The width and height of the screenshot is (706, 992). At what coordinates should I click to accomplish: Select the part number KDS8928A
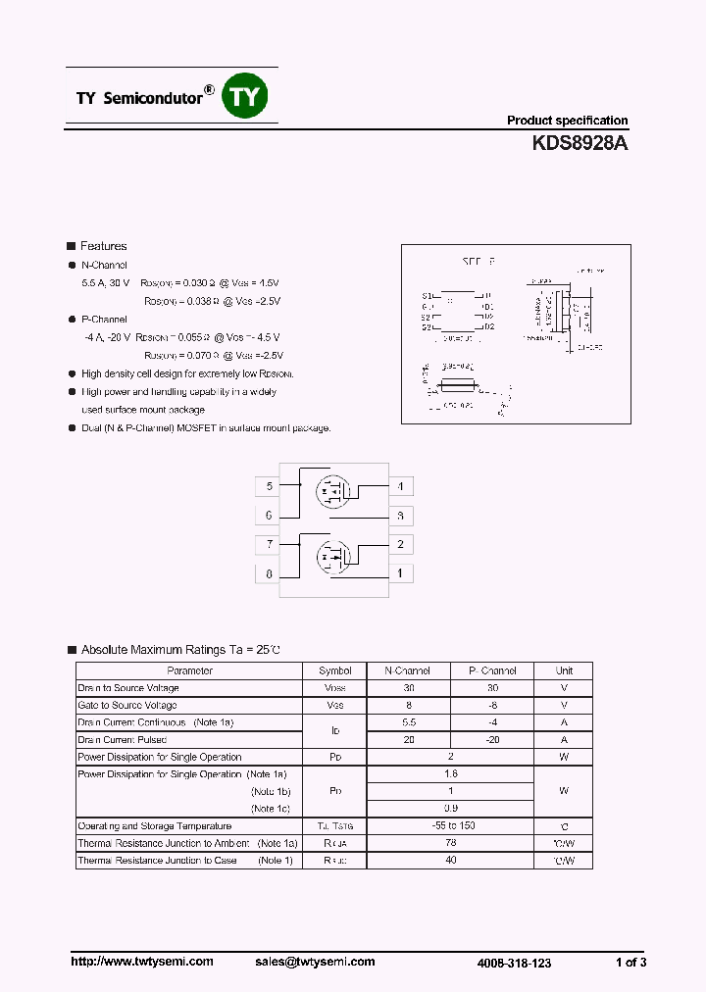click(x=580, y=143)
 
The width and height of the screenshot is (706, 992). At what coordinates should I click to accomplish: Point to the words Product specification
click(x=567, y=121)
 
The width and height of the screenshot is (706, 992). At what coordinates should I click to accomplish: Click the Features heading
click(x=103, y=246)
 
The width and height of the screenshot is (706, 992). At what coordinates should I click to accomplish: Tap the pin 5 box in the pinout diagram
click(x=269, y=486)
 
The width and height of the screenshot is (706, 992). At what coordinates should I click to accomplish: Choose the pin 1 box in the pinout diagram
click(x=399, y=573)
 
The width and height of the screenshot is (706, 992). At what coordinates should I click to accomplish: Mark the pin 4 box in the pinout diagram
click(x=399, y=486)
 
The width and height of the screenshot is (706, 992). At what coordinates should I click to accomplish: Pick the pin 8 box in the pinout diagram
click(x=269, y=573)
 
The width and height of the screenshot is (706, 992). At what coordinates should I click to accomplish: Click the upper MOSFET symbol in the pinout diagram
click(x=331, y=489)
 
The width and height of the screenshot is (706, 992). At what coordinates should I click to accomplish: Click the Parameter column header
click(x=189, y=670)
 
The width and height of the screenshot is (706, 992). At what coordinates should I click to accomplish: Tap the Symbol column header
click(x=334, y=670)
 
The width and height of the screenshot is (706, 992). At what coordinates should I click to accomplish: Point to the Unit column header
click(x=564, y=670)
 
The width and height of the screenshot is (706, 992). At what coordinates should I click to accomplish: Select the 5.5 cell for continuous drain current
click(x=408, y=722)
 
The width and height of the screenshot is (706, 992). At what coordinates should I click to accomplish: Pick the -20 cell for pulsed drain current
click(x=492, y=739)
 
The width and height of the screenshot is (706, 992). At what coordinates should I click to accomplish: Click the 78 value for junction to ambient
click(x=451, y=843)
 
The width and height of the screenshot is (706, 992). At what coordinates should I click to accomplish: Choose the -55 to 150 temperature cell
click(x=451, y=825)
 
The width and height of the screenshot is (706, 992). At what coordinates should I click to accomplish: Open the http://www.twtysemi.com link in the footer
click(x=142, y=962)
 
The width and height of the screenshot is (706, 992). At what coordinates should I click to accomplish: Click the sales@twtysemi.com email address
click(x=315, y=962)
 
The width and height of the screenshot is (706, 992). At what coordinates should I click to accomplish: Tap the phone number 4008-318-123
click(x=514, y=963)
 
